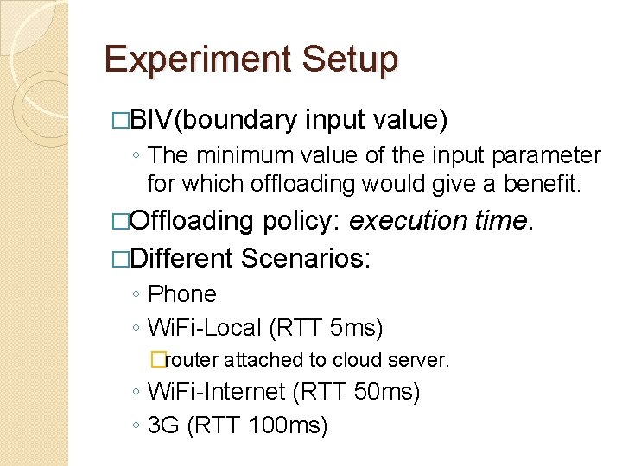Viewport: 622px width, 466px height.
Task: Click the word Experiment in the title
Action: point(196,59)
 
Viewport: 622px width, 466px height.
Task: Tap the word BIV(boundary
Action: point(213,120)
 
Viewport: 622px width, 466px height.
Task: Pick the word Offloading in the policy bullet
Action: point(191,222)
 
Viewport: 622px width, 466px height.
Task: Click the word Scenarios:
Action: point(307,258)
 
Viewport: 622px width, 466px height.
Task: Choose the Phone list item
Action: point(182,294)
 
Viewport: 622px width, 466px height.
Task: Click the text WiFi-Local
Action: point(205,329)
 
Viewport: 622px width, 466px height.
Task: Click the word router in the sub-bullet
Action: point(191,360)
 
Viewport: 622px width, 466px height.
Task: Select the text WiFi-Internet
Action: point(217,393)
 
